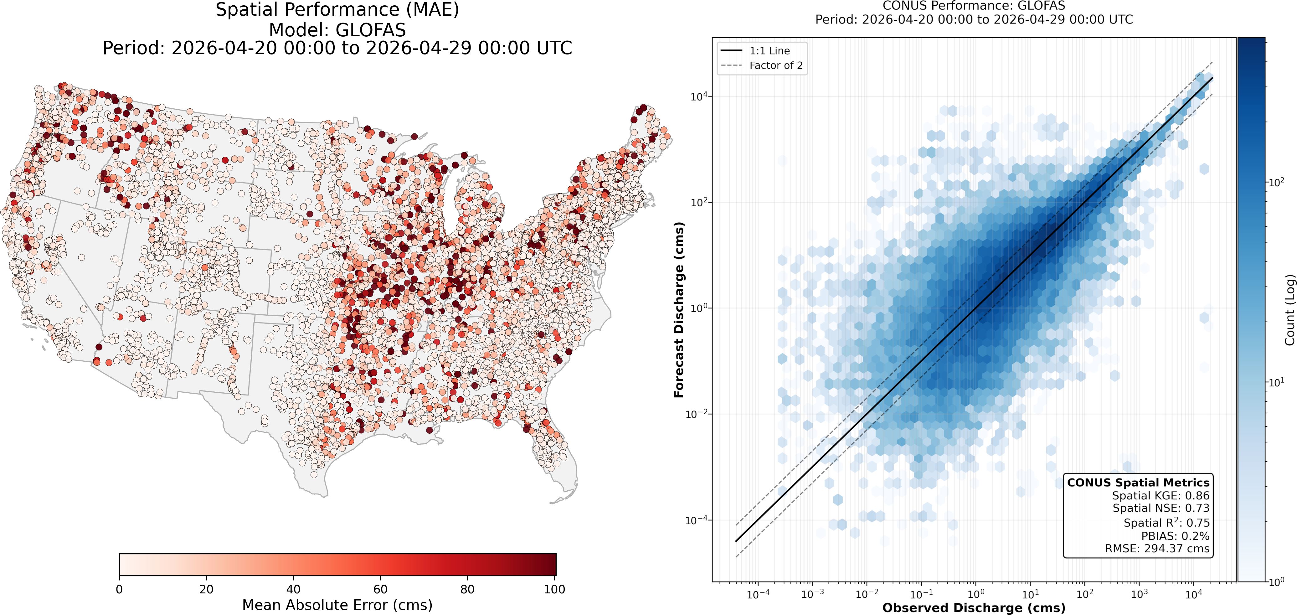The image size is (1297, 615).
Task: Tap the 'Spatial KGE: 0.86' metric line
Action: click(x=1161, y=496)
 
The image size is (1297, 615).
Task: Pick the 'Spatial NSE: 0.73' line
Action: click(x=1161, y=508)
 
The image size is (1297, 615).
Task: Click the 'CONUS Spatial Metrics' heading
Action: click(x=1138, y=483)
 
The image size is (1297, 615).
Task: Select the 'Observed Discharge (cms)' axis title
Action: click(x=974, y=607)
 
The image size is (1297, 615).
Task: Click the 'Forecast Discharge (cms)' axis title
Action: click(x=679, y=310)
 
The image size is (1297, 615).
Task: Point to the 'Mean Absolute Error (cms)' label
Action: click(x=337, y=605)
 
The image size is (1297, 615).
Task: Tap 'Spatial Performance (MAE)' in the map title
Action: click(x=337, y=10)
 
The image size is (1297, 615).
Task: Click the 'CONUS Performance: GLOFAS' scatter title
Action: click(x=974, y=6)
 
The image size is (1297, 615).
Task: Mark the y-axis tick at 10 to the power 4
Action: click(x=698, y=96)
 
